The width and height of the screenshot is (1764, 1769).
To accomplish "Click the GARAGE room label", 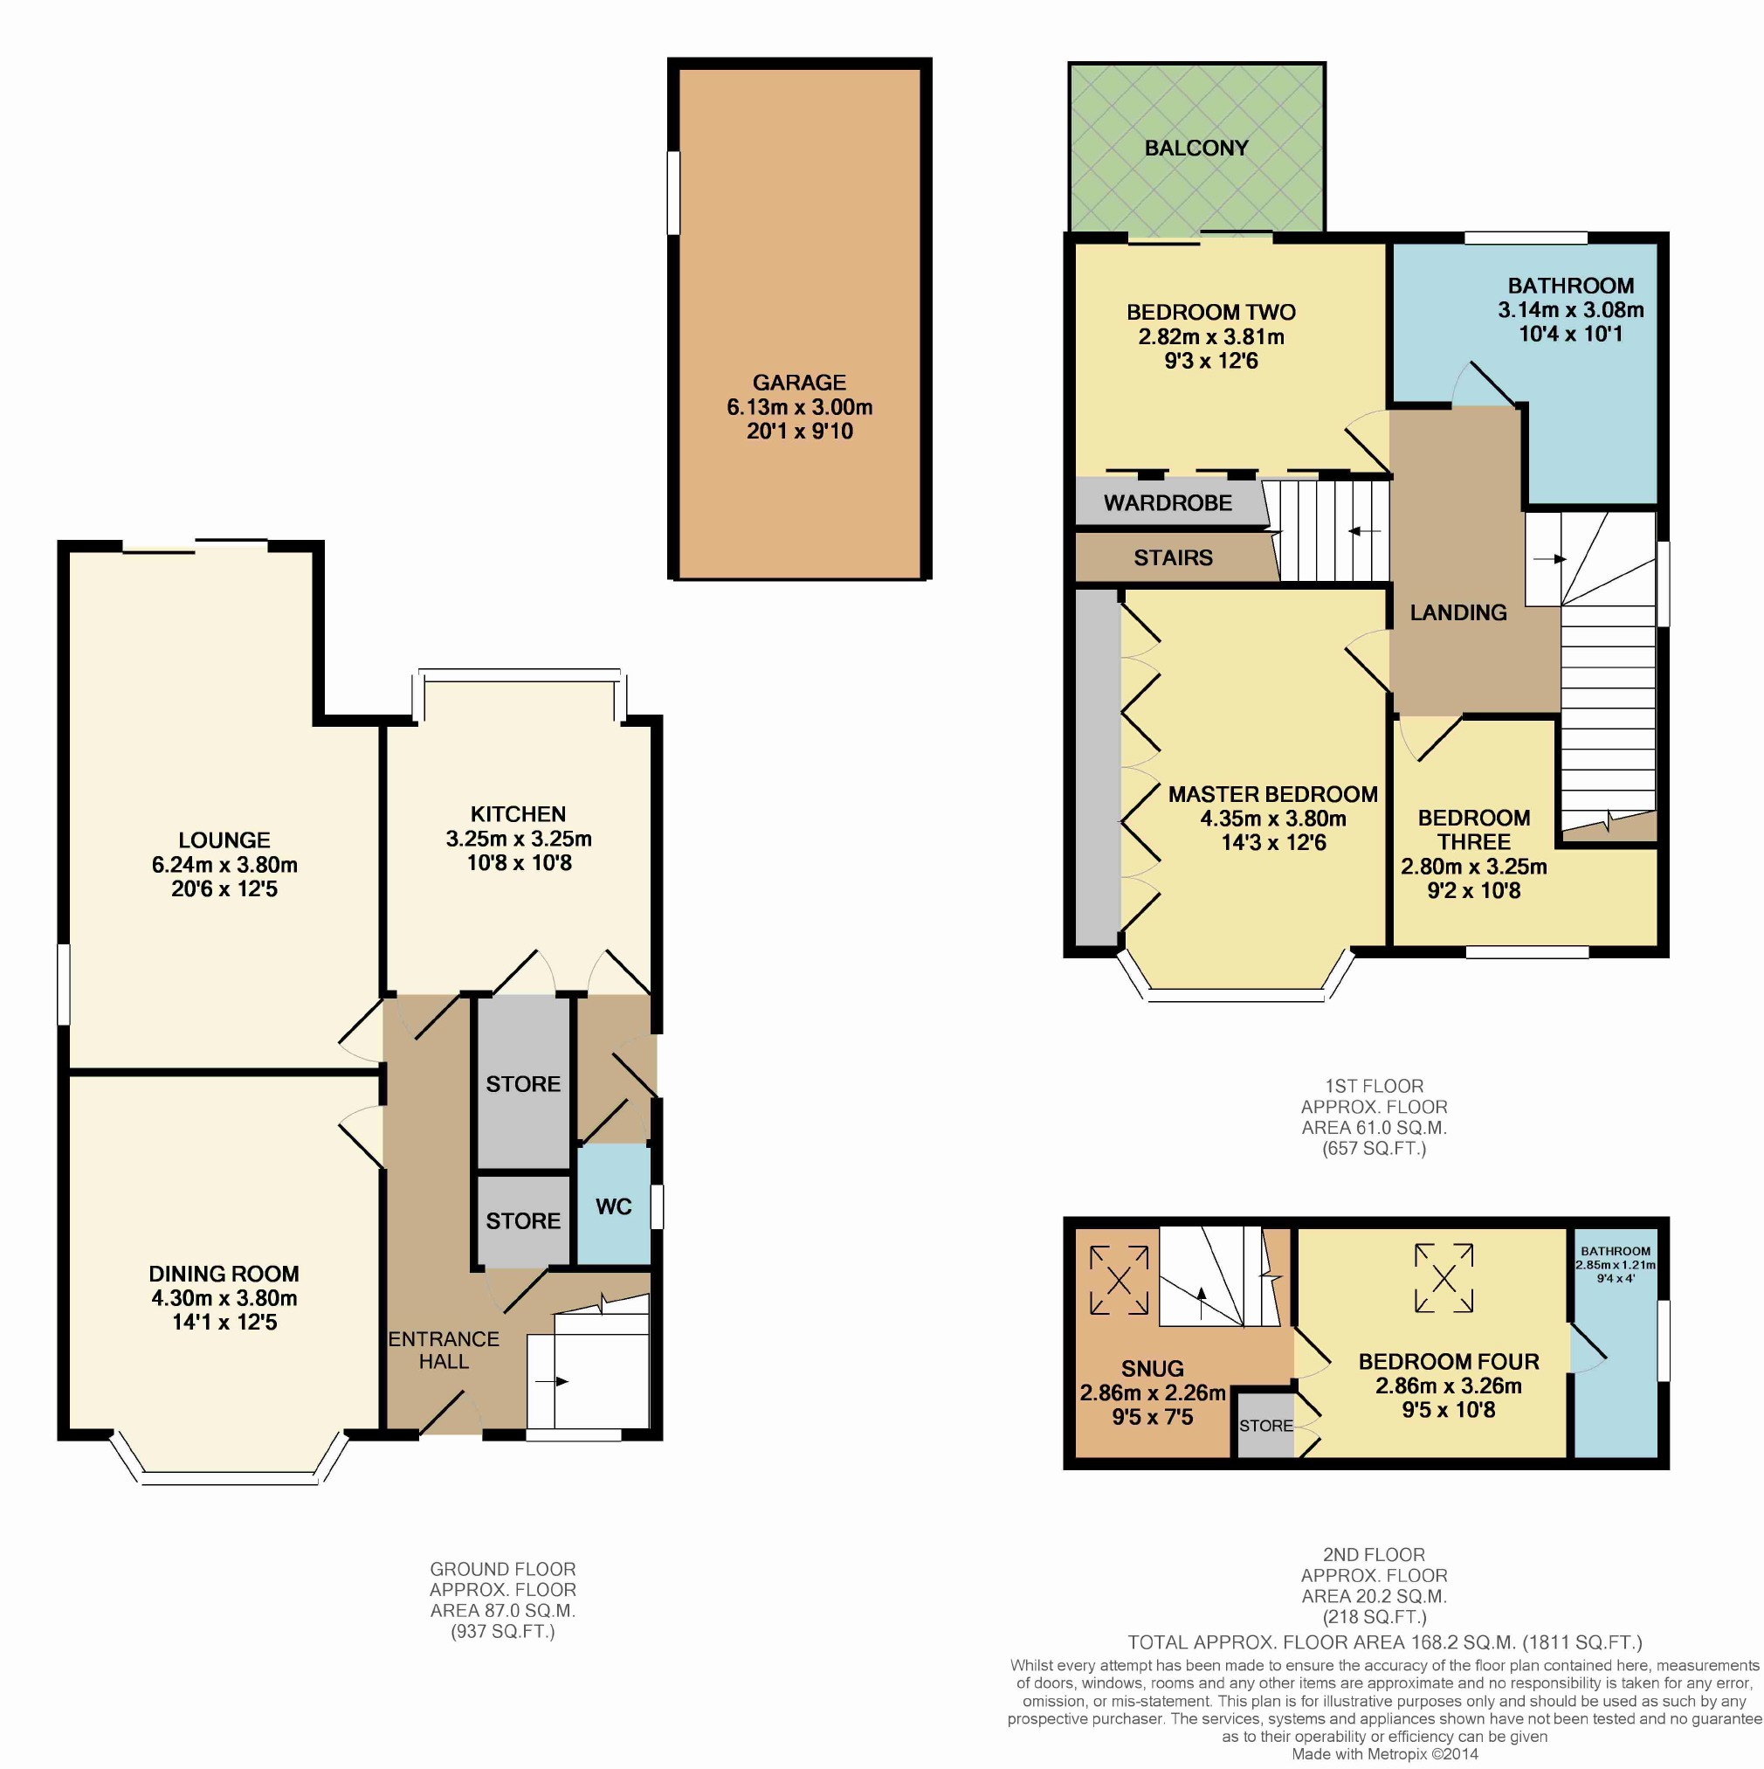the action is [x=799, y=383].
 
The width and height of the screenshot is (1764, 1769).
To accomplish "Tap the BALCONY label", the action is [x=1196, y=149].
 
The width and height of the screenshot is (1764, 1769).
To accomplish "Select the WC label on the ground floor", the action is [x=613, y=1206].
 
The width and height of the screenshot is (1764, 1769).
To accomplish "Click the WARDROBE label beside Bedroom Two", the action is [x=1168, y=502].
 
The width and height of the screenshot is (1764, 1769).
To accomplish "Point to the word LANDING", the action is [x=1458, y=612].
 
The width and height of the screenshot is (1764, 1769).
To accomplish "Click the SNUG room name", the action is [x=1153, y=1369].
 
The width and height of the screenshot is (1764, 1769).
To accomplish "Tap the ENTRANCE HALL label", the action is [x=444, y=1350].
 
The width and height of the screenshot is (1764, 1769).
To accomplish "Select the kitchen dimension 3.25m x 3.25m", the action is [x=519, y=839].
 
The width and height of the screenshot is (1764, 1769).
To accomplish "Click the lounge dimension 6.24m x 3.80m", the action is [x=224, y=864].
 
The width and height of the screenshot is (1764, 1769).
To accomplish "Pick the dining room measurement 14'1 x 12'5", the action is [x=224, y=1323].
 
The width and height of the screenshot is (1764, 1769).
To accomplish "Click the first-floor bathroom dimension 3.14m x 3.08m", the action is [x=1571, y=310].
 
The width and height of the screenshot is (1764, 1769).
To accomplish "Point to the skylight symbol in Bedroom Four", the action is [x=1444, y=1277].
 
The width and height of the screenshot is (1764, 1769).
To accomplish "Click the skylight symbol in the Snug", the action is [x=1119, y=1281].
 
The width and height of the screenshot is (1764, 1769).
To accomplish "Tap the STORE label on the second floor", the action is [x=1266, y=1426].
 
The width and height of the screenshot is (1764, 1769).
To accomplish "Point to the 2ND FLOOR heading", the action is [x=1373, y=1555].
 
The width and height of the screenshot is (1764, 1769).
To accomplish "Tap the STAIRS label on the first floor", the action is [x=1173, y=557].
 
